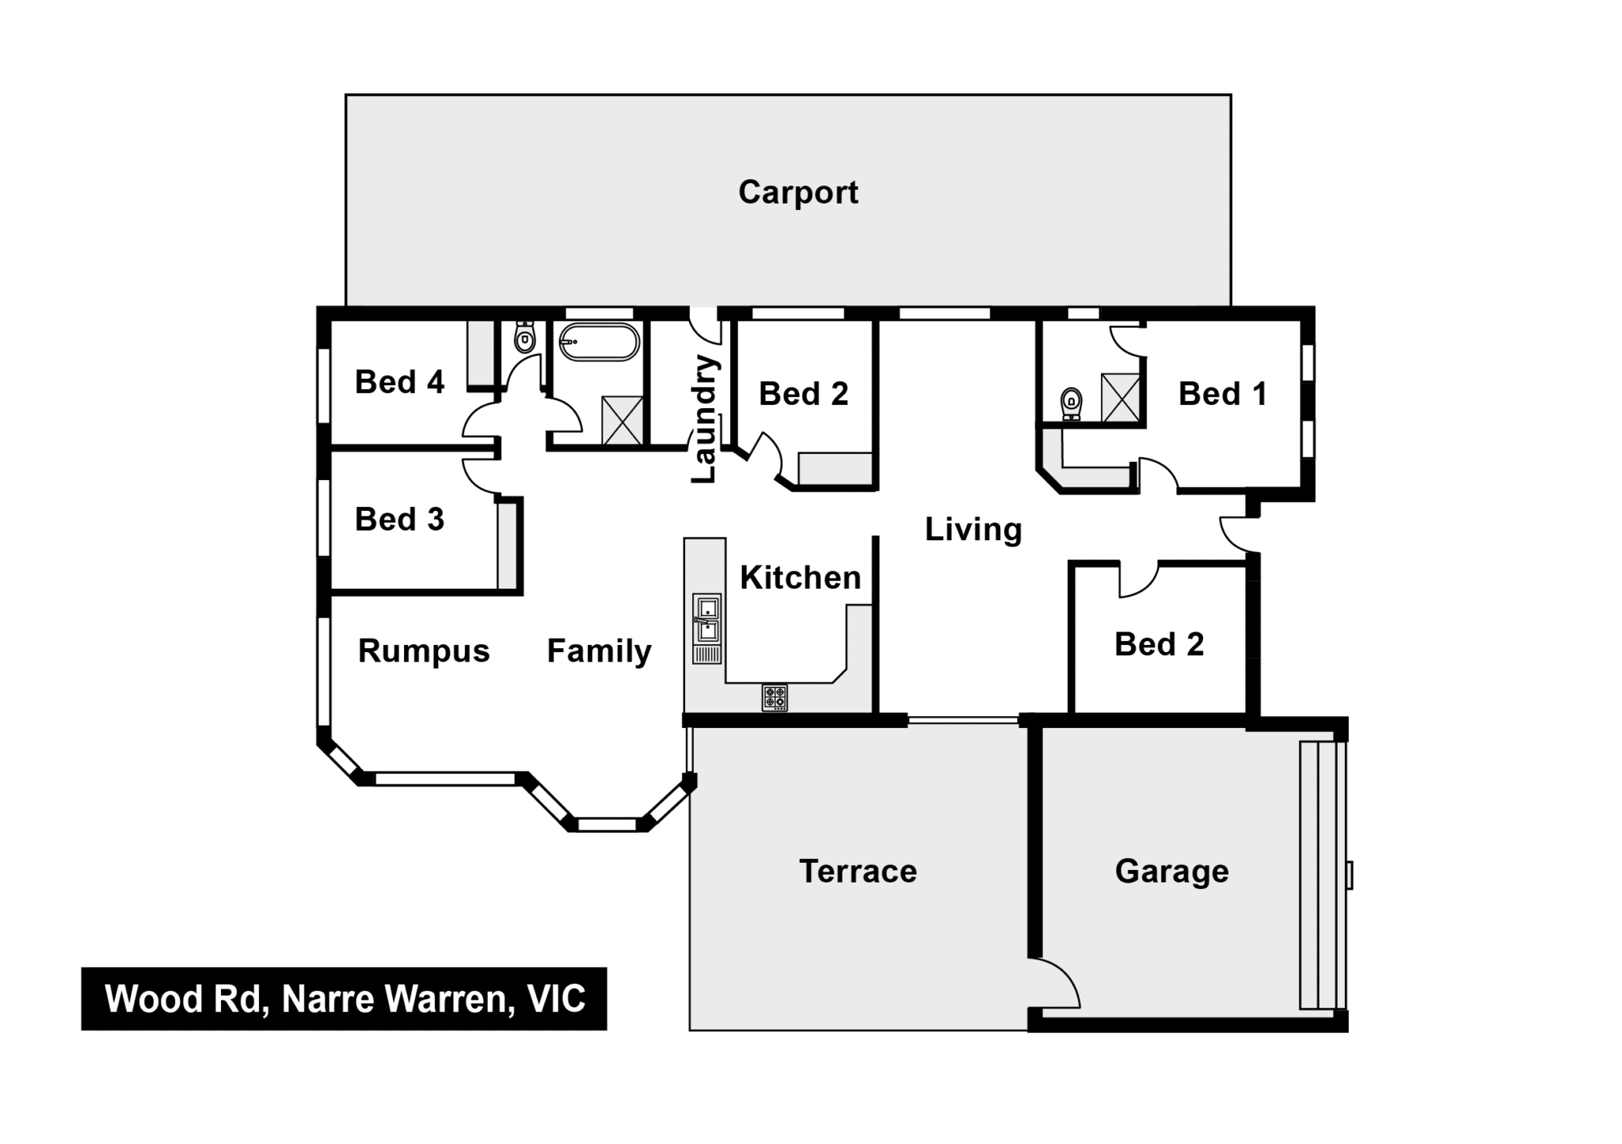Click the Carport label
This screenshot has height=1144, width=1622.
tap(798, 193)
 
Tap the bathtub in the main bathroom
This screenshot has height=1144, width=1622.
tap(599, 342)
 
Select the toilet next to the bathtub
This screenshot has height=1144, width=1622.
tap(524, 337)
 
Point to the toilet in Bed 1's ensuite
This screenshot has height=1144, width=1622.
tap(1072, 403)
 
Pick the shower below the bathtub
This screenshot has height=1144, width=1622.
tap(622, 421)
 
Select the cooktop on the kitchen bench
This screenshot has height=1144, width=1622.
tap(775, 698)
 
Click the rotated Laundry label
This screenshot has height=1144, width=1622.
tap(703, 419)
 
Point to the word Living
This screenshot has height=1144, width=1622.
tap(973, 529)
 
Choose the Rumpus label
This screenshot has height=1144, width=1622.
tap(424, 651)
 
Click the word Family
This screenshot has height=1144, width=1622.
tap(600, 651)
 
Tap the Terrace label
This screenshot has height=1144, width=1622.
tap(858, 871)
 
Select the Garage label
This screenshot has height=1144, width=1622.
tap(1172, 871)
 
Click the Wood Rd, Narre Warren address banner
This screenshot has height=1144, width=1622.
tap(344, 998)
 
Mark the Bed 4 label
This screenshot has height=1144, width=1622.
tap(399, 382)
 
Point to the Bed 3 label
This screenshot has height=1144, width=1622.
tap(399, 520)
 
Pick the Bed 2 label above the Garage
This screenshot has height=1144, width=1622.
tap(1159, 644)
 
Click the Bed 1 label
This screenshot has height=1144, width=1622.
tap(1223, 394)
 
